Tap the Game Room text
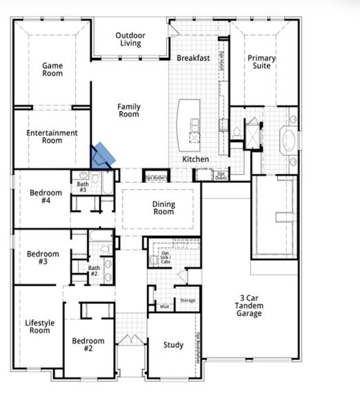52,70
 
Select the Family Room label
128,110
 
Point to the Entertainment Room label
52,137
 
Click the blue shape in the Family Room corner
104,155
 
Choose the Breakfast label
192,59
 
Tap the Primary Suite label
261,62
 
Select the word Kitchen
195,159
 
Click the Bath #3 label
82,187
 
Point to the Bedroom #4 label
46,197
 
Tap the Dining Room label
163,208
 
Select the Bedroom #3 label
43,258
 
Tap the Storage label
188,301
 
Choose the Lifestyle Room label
38,326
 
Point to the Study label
173,345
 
